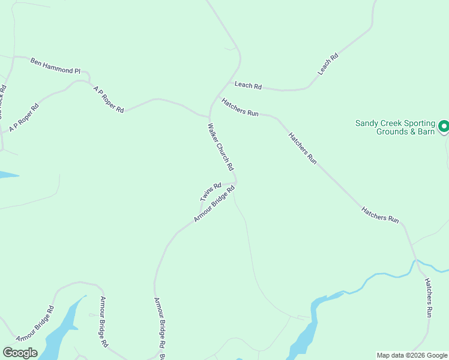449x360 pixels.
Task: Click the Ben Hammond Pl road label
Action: click(55, 66)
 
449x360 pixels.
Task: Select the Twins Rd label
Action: click(211, 191)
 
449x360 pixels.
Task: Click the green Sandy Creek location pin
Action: click(444, 126)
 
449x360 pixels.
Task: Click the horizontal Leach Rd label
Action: click(248, 86)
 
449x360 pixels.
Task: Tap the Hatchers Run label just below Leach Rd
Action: click(240, 107)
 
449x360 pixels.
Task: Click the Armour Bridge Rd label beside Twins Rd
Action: click(214, 204)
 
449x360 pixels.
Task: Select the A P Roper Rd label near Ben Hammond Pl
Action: click(109, 99)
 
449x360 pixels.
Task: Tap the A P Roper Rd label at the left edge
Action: click(24, 118)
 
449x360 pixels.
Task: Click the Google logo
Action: click(20, 352)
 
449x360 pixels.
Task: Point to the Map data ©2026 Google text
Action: click(412, 355)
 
